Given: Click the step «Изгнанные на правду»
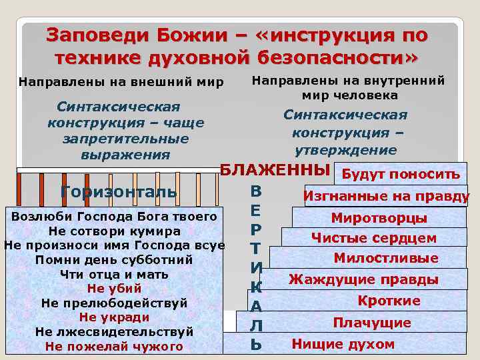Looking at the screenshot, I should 386,196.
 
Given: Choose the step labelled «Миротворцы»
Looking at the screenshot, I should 379,218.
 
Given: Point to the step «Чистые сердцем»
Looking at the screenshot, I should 373,238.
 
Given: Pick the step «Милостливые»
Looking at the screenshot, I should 386,258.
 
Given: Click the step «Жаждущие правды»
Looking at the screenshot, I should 363,279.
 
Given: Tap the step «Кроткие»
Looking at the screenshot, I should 389,301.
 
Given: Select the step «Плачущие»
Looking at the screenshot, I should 372,323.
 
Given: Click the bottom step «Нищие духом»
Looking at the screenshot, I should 343,344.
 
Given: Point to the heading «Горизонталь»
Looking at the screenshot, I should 118,192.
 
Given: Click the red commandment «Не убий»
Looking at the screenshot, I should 114,289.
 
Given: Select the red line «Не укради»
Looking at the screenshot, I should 114,317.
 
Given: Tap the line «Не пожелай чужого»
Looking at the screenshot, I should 114,346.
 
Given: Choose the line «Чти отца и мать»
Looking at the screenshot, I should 114,274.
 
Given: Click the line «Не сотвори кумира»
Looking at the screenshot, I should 114,231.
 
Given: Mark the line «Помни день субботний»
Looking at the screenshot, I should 114,260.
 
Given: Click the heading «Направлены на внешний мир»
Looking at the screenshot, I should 121,83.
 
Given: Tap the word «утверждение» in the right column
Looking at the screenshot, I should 345,151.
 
